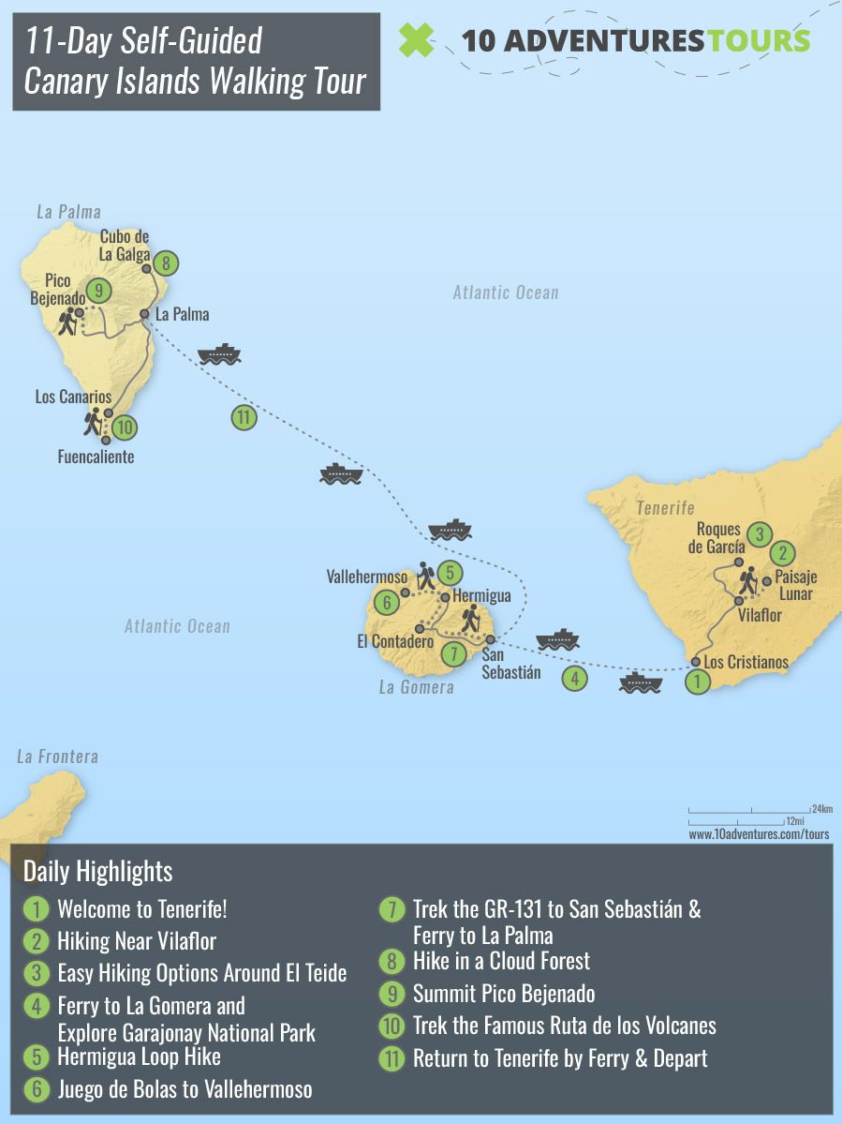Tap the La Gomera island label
416,687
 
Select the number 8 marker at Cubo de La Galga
166,263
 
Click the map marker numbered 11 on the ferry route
244,418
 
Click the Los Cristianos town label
746,662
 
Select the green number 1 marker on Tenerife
696,683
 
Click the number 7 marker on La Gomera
451,654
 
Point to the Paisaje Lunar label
793,587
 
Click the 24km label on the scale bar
822,808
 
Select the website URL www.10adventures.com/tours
759,833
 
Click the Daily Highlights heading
97,871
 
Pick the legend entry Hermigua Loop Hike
139,1057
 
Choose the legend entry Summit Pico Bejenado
504,994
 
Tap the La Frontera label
57,757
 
